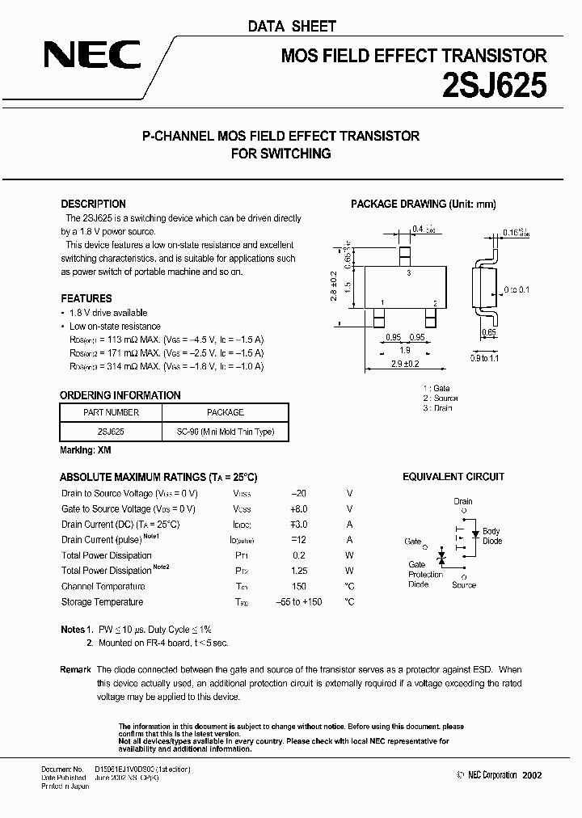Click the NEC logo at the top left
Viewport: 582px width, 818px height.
pos(92,55)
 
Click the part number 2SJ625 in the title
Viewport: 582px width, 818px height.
pos(493,83)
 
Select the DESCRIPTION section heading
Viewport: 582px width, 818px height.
pos(93,204)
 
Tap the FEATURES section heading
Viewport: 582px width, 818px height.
pos(86,298)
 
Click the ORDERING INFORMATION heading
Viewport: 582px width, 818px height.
pos(120,395)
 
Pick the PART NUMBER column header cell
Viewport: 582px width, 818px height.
pos(112,412)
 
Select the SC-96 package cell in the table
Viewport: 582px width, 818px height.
pos(226,432)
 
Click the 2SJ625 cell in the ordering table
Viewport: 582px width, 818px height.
pos(112,432)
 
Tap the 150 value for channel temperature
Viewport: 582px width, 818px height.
pos(300,586)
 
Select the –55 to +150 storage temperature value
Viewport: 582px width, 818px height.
pos(300,601)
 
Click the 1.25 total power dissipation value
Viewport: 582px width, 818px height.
pos(300,571)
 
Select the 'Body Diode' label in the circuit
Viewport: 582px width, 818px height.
pos(492,537)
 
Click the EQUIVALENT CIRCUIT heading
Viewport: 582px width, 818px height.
pos(453,477)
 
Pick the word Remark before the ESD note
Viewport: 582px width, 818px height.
pos(75,669)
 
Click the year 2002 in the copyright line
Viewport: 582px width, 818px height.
pos(533,775)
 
